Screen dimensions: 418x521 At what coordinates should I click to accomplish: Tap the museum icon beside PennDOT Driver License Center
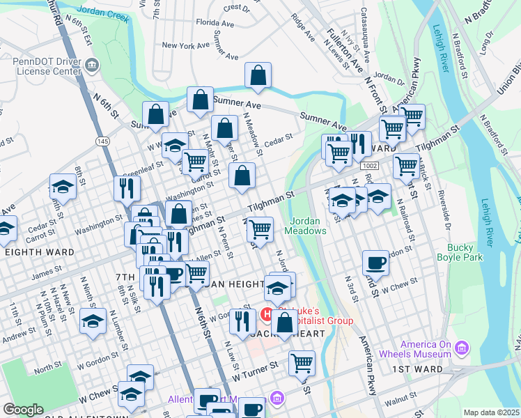pos(92,67)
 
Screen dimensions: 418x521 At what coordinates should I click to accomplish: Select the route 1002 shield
pos(369,165)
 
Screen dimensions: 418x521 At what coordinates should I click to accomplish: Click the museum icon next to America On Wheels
pos(460,347)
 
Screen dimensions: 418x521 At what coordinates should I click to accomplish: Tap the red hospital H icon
pos(266,315)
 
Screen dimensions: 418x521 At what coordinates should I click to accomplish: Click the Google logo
pos(23,409)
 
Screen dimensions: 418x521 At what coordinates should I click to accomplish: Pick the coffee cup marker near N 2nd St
pos(375,263)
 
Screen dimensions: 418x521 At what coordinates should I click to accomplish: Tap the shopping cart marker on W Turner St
pos(302,363)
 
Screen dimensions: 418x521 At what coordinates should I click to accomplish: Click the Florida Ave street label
pos(214,22)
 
